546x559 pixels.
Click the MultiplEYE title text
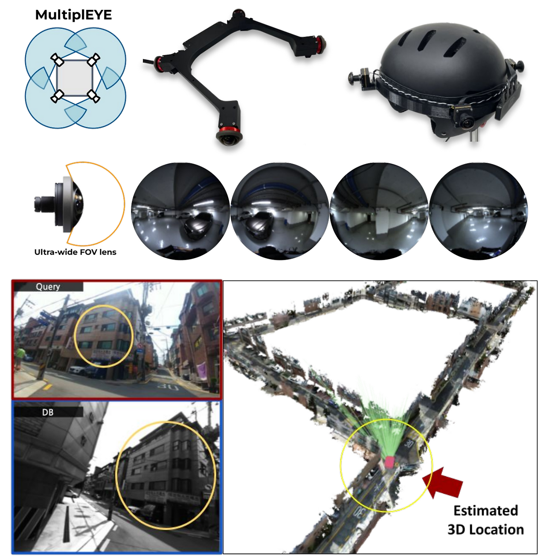point(73,15)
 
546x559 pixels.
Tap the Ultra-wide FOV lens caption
point(75,252)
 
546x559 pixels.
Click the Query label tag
point(48,286)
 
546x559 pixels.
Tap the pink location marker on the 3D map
point(389,462)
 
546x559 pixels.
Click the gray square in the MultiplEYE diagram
point(75,78)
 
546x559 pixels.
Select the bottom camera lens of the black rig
point(229,138)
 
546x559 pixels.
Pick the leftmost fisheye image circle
point(180,211)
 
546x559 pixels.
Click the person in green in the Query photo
point(20,358)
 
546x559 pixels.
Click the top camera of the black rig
point(238,13)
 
